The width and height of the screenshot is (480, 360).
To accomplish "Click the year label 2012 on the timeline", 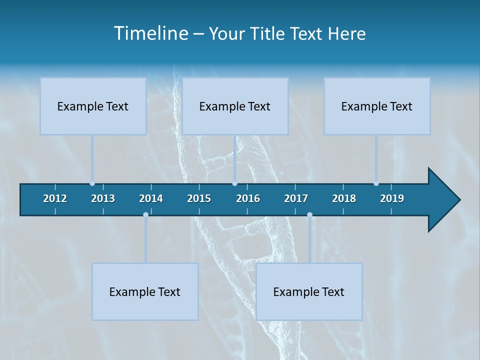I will click(x=55, y=198).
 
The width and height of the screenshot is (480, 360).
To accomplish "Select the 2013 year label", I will click(x=103, y=198).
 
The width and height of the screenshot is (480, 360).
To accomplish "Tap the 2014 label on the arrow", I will click(x=151, y=198).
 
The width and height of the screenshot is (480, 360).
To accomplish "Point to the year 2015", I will click(x=199, y=198).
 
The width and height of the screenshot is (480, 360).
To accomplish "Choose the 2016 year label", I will click(x=248, y=198).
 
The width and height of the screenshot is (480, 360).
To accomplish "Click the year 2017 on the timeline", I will click(x=296, y=198).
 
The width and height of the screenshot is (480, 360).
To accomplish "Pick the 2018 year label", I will click(x=344, y=198).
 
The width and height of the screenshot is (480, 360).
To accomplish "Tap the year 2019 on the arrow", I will click(x=392, y=198).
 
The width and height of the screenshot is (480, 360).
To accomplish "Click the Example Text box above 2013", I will click(x=93, y=106).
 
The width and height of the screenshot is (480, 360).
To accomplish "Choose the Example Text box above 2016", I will click(x=235, y=106).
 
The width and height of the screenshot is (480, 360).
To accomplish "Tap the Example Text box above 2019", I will click(x=377, y=106).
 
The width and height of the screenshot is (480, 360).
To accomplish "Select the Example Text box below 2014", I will click(x=145, y=291).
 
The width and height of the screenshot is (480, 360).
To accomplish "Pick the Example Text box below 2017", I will click(x=309, y=291).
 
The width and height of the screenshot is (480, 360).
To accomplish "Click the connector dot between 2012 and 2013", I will click(x=92, y=183).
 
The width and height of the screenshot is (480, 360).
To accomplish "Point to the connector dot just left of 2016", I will click(x=235, y=183).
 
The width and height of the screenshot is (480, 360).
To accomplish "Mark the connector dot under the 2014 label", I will click(x=145, y=215).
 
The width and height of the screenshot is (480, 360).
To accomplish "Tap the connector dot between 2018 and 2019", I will click(x=376, y=183).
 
